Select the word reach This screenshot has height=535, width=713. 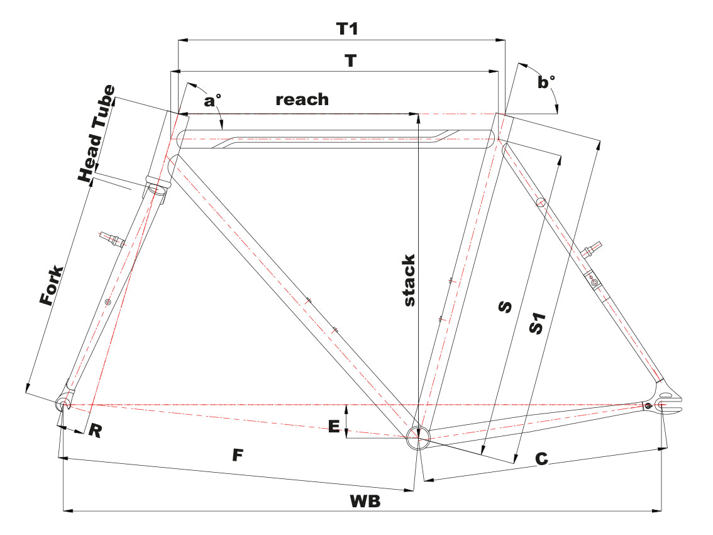tap(302, 99)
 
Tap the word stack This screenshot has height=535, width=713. tap(409, 281)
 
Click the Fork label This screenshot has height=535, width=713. tap(52, 286)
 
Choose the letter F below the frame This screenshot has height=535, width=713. tap(236, 455)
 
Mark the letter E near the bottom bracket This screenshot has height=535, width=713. tap(334, 426)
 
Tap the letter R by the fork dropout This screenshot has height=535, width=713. tap(95, 431)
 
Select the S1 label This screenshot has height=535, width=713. tap(536, 323)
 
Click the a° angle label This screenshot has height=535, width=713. tap(213, 100)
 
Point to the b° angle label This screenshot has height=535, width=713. tap(547, 83)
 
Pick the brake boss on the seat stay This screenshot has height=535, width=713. tap(593, 251)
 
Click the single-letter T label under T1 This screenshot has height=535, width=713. tap(350, 61)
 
